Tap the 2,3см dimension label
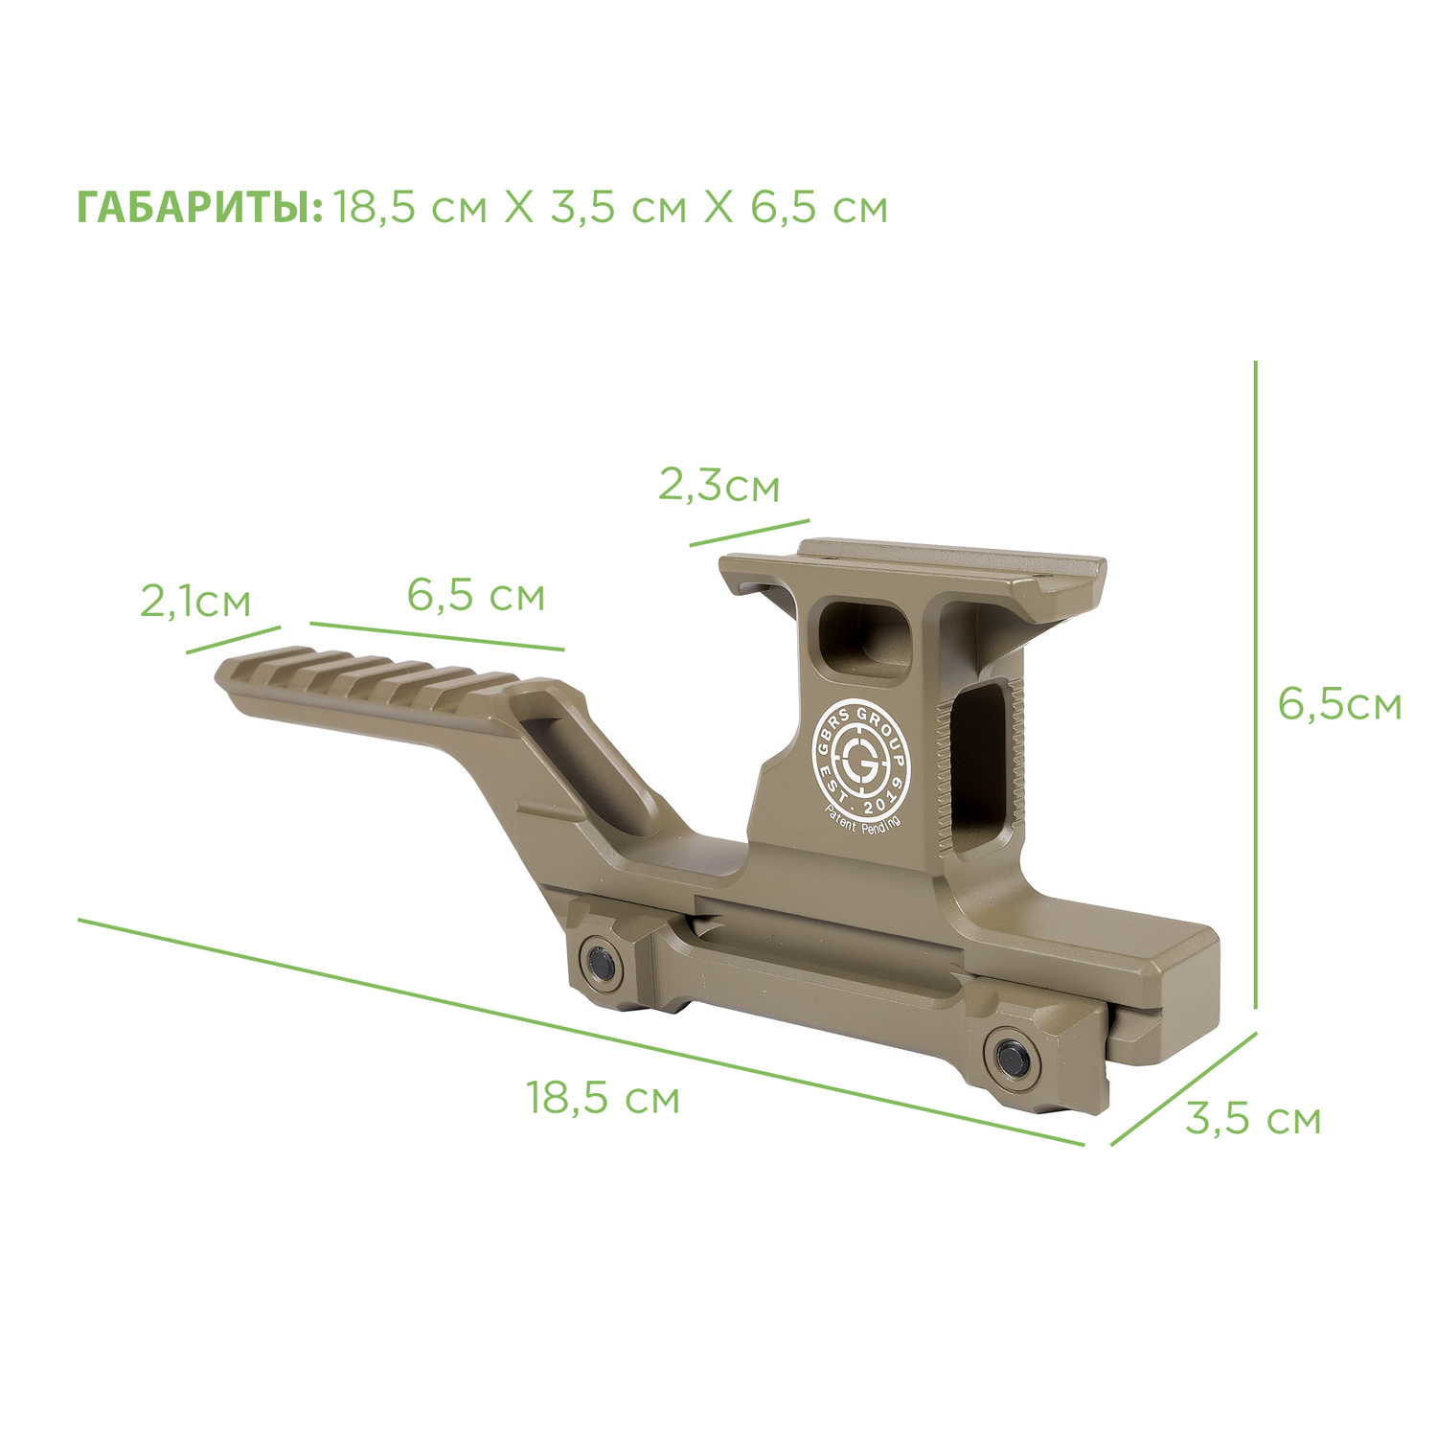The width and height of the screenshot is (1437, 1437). point(718,486)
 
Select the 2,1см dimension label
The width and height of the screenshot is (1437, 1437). point(195,602)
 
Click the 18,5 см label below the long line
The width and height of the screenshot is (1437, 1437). point(603,1097)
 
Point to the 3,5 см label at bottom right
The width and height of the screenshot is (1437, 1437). point(1253,1118)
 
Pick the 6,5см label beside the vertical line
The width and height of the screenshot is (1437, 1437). point(1339,704)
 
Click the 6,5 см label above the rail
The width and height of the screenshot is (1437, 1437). point(476,595)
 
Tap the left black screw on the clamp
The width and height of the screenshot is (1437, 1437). point(603,961)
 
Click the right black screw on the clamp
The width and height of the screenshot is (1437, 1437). point(1012,1056)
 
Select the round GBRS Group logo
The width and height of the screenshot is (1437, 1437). point(858,755)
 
